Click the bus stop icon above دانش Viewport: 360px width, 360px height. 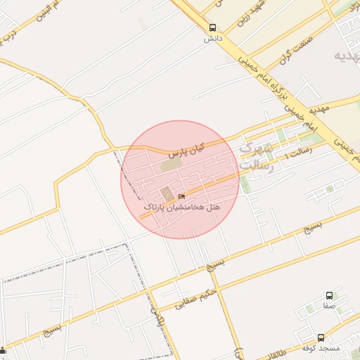(x=212, y=28)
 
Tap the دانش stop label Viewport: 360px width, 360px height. (x=212, y=39)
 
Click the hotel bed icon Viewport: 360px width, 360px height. (x=182, y=196)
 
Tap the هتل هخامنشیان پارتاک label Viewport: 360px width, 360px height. (x=181, y=208)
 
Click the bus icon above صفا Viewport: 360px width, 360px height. (x=329, y=296)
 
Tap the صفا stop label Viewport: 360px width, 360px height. (x=329, y=307)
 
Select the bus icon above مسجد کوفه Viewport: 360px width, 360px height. (x=321, y=337)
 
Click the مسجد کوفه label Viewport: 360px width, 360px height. (x=321, y=349)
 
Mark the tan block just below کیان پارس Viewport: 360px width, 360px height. (x=170, y=165)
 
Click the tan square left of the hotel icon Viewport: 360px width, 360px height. (x=167, y=193)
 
